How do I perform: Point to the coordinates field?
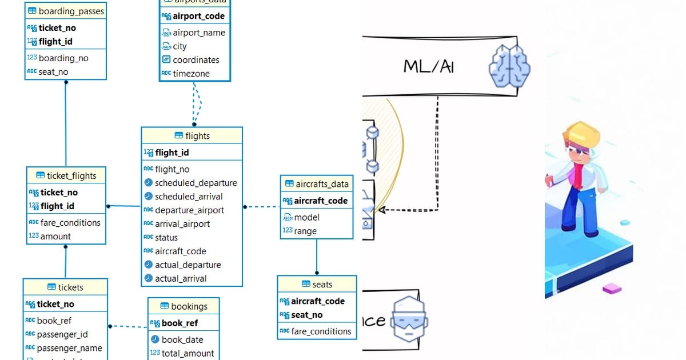point(196,60)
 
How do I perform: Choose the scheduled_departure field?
point(196,183)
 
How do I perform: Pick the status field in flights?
point(166,238)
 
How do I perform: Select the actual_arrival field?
point(181,279)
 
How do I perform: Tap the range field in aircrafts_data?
point(305,231)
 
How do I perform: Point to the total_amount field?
point(188,354)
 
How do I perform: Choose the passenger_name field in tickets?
point(69,349)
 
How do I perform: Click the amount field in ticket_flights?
point(55,237)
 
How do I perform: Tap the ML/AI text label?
point(429,66)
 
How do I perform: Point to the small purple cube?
point(612,288)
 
